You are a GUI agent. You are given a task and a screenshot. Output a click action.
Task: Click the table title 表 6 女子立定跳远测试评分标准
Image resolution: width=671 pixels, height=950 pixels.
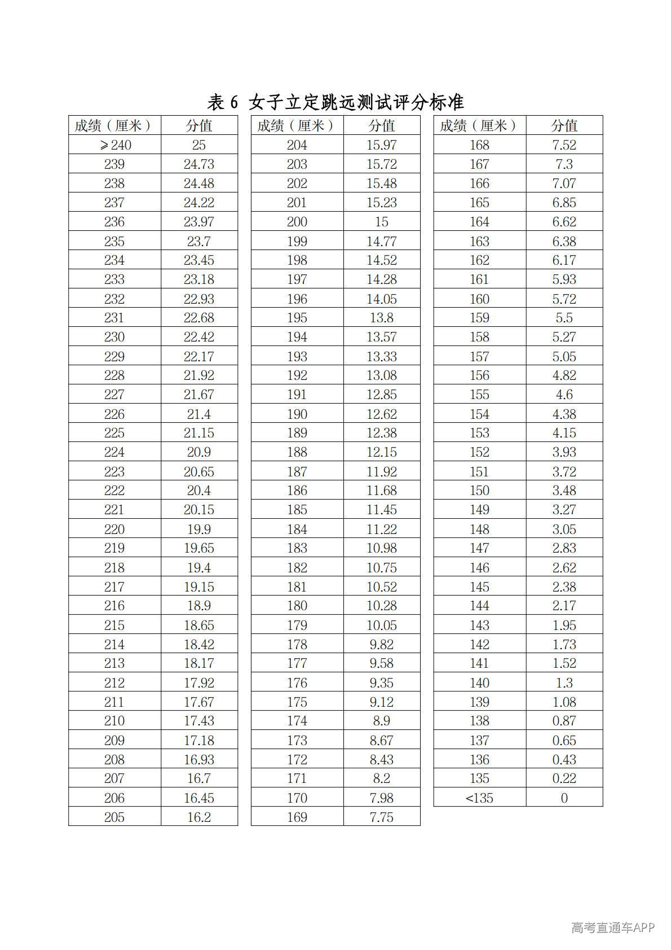[335, 102]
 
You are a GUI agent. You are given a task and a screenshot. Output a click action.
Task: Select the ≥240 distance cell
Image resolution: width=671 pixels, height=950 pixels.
[115, 145]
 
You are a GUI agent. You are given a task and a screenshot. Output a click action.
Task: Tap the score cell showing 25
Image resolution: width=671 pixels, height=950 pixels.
[199, 145]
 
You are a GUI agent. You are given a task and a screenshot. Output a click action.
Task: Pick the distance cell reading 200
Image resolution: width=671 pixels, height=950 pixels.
[297, 222]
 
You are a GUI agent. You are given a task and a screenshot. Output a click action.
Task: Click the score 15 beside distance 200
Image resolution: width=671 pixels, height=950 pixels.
[382, 222]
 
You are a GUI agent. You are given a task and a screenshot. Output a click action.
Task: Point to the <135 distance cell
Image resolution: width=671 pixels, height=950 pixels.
[479, 798]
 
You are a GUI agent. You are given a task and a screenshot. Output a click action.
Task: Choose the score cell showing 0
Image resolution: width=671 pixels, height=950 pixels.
[564, 798]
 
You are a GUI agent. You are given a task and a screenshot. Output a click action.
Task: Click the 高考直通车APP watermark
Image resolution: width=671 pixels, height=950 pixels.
[613, 927]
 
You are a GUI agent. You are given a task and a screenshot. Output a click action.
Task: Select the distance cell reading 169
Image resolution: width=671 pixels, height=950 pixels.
[297, 817]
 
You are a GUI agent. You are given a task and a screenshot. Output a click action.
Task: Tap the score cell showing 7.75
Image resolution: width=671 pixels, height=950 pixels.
[382, 817]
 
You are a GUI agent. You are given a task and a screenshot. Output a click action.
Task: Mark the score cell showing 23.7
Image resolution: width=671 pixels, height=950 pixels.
[199, 241]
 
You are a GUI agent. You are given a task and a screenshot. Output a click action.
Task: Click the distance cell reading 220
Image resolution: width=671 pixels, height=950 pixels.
[114, 529]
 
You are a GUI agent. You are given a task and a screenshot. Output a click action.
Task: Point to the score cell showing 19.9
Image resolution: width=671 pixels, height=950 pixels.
[199, 529]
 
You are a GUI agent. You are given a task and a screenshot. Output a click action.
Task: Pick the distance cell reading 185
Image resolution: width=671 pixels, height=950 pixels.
[297, 510]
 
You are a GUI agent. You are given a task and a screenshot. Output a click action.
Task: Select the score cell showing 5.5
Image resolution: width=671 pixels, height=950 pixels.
[564, 318]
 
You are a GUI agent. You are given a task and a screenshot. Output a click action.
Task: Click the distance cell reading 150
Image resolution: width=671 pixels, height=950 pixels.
[479, 491]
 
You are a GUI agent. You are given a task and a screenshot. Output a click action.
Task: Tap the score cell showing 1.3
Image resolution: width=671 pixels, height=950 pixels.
[564, 682]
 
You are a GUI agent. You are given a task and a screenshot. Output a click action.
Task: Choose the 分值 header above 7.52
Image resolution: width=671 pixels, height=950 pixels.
[564, 125]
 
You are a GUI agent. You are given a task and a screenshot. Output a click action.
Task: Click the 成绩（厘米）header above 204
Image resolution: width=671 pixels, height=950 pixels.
[297, 125]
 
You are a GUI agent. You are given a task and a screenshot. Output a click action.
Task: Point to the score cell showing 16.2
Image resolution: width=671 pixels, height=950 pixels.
[199, 817]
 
